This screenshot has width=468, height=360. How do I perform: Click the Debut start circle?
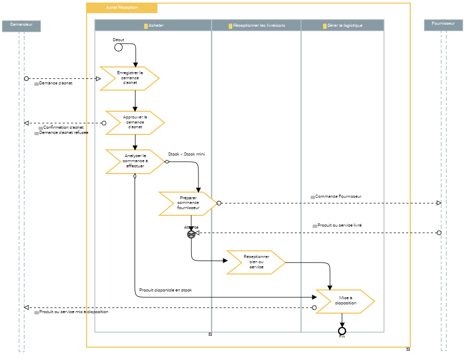click(118, 47)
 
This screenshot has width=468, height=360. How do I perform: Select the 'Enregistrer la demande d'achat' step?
click(129, 78)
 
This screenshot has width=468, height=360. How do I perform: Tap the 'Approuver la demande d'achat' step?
click(135, 123)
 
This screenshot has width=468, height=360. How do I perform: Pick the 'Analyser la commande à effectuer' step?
click(135, 161)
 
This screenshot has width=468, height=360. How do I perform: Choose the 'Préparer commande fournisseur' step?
click(188, 203)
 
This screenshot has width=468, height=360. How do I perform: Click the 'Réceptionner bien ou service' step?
click(256, 262)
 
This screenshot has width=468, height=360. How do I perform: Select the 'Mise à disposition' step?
click(345, 301)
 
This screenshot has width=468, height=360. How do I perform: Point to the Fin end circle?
click(342, 330)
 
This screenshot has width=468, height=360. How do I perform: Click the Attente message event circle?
click(191, 234)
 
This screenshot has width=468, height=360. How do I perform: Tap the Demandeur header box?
click(21, 25)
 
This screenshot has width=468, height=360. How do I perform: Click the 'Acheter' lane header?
click(153, 25)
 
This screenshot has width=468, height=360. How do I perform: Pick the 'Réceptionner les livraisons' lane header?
click(256, 25)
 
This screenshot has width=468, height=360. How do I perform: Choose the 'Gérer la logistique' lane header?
click(342, 25)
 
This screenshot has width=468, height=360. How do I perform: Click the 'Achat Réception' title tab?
click(122, 8)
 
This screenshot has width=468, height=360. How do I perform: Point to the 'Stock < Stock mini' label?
click(187, 153)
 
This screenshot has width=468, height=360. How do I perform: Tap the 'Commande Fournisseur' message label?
click(338, 197)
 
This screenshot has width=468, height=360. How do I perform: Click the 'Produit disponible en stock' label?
click(165, 290)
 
